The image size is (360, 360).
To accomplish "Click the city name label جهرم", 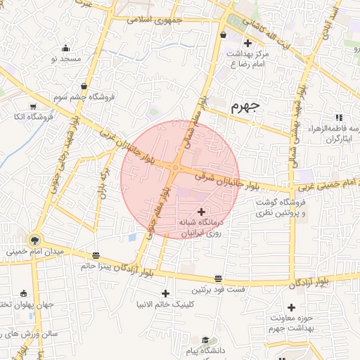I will point(245,107).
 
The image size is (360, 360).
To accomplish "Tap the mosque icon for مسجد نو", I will point(66,49).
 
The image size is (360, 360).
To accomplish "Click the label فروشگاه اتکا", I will point(33,116).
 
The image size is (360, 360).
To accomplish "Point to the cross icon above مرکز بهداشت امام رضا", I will point(247,44).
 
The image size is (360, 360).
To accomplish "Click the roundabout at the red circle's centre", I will point(174,167).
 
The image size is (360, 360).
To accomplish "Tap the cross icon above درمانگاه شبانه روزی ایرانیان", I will point(202,212).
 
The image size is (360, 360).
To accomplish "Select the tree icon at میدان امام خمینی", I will point(34,240).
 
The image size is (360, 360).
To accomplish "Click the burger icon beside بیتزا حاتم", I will point(96,255).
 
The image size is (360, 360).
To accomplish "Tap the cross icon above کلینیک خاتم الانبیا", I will point(166,293).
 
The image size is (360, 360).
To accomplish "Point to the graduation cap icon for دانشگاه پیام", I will point(205,340).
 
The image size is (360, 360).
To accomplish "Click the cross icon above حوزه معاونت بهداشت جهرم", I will point(291,307).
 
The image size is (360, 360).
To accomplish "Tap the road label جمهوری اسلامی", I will point(154,20).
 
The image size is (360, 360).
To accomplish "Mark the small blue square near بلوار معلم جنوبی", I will point(131,236).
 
